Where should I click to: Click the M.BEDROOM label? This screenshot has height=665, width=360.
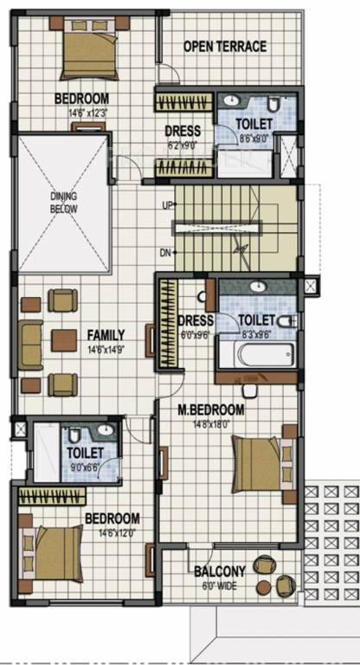pyautogui.click(x=211, y=410)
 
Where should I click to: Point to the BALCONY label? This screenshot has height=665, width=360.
pyautogui.click(x=219, y=571)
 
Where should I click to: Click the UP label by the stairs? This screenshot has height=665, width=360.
pyautogui.click(x=166, y=205)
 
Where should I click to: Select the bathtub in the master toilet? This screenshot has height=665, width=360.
pyautogui.click(x=254, y=354)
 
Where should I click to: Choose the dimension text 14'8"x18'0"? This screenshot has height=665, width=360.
pyautogui.click(x=211, y=423)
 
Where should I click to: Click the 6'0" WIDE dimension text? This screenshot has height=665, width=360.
pyautogui.click(x=219, y=584)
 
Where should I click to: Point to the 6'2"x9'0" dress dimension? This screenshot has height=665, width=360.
pyautogui.click(x=183, y=145)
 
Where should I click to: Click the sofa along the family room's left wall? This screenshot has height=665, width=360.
pyautogui.click(x=31, y=344)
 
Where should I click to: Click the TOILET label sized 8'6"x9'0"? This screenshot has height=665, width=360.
pyautogui.click(x=255, y=124)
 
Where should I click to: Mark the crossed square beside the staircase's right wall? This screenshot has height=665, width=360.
pyautogui.click(x=312, y=285)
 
